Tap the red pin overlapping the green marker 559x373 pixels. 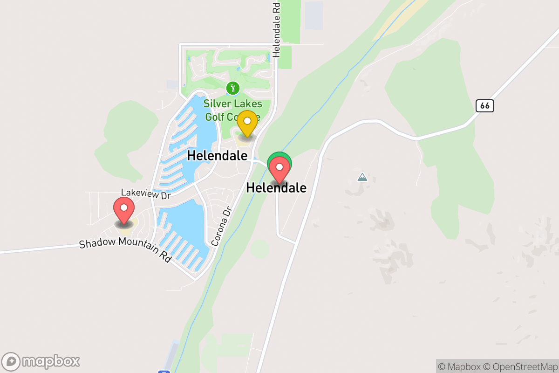(x=279, y=169)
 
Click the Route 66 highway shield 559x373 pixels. (x=485, y=106)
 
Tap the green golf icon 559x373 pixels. (x=232, y=88)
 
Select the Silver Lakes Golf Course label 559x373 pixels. (x=232, y=110)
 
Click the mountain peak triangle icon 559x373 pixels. (x=362, y=177)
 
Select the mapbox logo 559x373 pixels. (x=41, y=361)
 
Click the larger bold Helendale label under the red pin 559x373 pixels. (x=276, y=188)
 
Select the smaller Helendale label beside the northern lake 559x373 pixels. (x=217, y=156)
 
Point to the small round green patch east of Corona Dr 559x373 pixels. (x=259, y=249)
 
